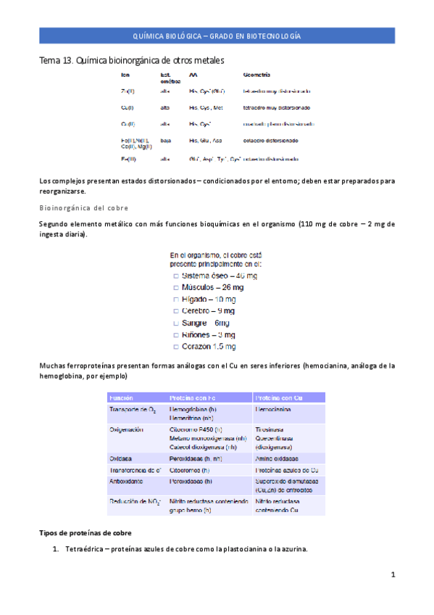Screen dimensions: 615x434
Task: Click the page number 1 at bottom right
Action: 392,575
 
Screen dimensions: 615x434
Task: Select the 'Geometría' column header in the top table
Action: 258,75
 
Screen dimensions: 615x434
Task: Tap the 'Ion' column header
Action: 125,75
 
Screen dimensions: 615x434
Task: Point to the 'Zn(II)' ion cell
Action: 128,91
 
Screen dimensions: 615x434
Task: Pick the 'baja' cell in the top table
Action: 165,141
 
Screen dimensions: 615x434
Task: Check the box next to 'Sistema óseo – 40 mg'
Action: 176,276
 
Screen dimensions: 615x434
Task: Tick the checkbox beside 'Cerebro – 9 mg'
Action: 176,311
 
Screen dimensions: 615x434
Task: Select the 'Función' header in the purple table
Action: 121,398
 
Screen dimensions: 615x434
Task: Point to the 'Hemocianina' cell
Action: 274,410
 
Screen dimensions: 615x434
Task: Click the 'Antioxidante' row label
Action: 126,481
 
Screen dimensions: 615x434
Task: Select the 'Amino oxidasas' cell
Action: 277,458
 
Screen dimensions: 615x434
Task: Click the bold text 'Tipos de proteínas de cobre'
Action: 84,532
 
